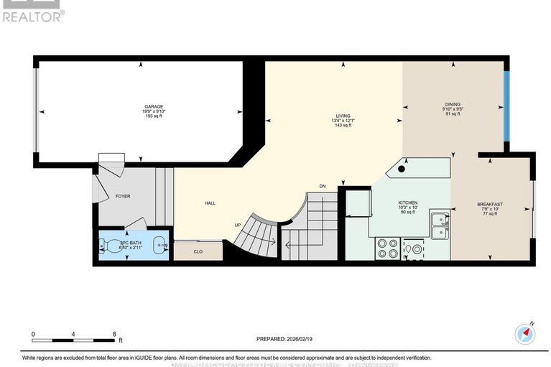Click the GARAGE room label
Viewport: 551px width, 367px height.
(x=148, y=106)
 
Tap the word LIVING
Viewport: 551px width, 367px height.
(x=343, y=116)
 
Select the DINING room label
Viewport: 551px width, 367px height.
(x=453, y=104)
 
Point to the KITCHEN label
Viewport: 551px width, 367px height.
(x=408, y=203)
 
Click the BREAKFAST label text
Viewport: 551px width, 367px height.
(x=490, y=205)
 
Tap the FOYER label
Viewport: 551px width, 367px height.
(x=123, y=196)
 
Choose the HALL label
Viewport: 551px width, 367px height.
(x=210, y=203)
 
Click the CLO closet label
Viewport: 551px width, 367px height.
(x=198, y=252)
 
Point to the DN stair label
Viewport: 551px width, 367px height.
(x=323, y=186)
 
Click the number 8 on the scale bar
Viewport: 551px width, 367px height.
(x=114, y=334)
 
